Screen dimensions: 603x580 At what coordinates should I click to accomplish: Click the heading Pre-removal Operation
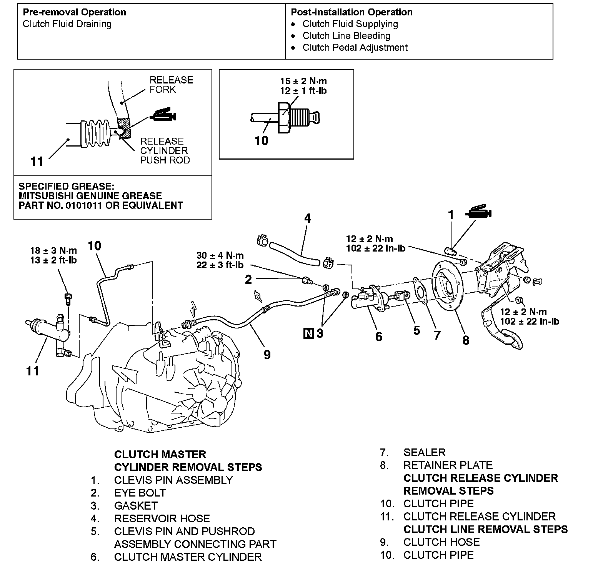coord(74,12)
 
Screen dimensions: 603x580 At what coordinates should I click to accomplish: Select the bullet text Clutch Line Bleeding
coord(346,36)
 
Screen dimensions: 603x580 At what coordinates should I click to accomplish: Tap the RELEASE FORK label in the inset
coord(171,85)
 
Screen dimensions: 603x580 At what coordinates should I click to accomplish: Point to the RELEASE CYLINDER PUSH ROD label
coord(165,151)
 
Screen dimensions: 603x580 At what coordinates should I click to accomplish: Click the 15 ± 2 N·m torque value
coord(303,81)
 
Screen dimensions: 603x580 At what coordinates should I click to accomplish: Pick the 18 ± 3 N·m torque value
coord(53,251)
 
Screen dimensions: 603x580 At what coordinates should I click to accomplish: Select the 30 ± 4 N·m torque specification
coord(220,255)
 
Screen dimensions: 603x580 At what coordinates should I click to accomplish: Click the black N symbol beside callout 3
coord(308,333)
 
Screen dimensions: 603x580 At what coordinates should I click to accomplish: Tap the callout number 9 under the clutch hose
coord(267,354)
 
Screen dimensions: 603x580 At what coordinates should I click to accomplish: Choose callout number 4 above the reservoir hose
coord(307,218)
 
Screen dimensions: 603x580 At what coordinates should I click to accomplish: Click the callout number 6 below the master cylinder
coord(379,337)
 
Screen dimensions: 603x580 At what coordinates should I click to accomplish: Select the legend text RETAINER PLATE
coord(448,465)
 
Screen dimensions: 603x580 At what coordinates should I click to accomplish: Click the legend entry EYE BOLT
coord(140,493)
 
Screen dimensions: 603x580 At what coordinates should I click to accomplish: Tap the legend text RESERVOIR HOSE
coord(162,518)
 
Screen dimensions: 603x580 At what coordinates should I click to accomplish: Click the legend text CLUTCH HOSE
coord(441,542)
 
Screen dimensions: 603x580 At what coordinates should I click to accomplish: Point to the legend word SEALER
coord(425,453)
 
